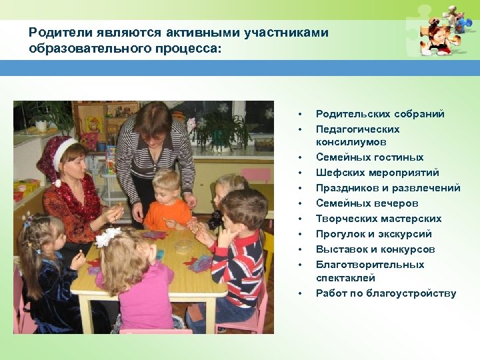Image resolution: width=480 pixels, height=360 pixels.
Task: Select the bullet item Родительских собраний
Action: (x=380, y=114)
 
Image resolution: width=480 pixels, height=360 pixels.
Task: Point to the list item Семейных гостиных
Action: (x=369, y=157)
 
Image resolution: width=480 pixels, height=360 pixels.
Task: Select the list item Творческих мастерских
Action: (x=379, y=219)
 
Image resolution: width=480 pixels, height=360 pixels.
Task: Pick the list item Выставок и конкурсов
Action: (x=375, y=249)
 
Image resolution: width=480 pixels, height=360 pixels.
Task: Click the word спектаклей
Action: (x=345, y=278)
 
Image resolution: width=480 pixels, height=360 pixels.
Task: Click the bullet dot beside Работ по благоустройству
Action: (x=301, y=294)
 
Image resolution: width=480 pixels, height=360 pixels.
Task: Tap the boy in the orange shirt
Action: (x=167, y=203)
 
